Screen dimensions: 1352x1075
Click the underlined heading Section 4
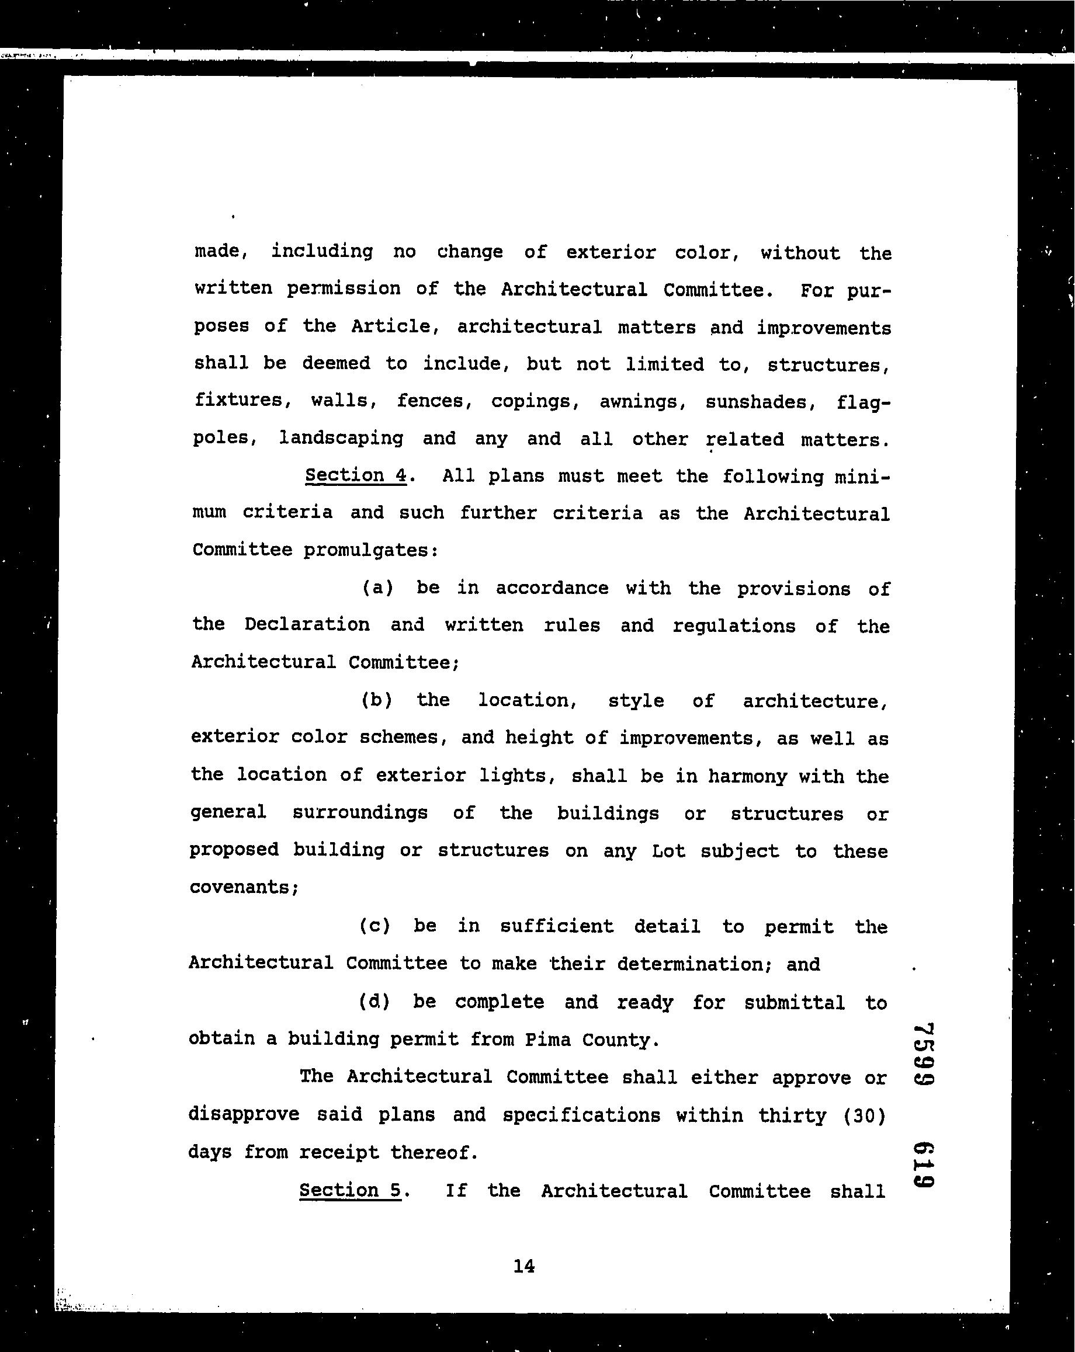coord(356,476)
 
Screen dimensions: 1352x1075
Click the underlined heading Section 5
coord(350,1190)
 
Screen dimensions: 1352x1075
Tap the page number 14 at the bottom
coord(523,1266)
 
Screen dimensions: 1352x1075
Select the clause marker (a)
coord(377,588)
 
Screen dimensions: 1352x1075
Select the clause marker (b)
coord(377,700)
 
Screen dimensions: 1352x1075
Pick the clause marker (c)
coord(375,926)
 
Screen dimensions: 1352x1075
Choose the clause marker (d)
coord(374,1002)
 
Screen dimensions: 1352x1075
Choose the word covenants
coord(244,887)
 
